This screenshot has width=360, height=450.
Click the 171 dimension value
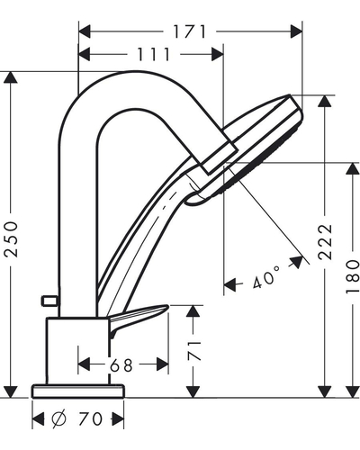coord(190,31)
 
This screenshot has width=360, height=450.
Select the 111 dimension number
coord(154,54)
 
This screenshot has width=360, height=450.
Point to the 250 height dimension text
coord(12,238)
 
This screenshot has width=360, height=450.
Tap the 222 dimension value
coord(326,241)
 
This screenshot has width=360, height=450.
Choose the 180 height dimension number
coord(353,276)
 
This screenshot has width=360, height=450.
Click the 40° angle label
coord(265,276)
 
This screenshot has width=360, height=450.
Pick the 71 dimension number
coord(194,351)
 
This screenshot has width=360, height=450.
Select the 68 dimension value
coord(121,365)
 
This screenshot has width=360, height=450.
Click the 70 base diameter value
coord(90,419)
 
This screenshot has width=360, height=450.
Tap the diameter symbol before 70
coord(58,419)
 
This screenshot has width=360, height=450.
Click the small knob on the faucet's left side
coord(49,301)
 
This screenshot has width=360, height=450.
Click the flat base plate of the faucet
coord(78,391)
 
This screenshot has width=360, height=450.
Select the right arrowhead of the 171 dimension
coord(296,31)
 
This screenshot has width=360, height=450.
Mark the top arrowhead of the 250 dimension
coord(11,77)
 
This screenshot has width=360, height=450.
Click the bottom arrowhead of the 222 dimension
coord(324,391)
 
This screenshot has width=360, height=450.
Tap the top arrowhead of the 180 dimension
coord(352,168)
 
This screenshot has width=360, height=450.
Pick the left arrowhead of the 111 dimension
coord(85,54)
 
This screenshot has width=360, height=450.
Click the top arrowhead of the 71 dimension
coord(193,311)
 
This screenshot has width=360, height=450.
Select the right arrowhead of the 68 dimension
coord(162,364)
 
